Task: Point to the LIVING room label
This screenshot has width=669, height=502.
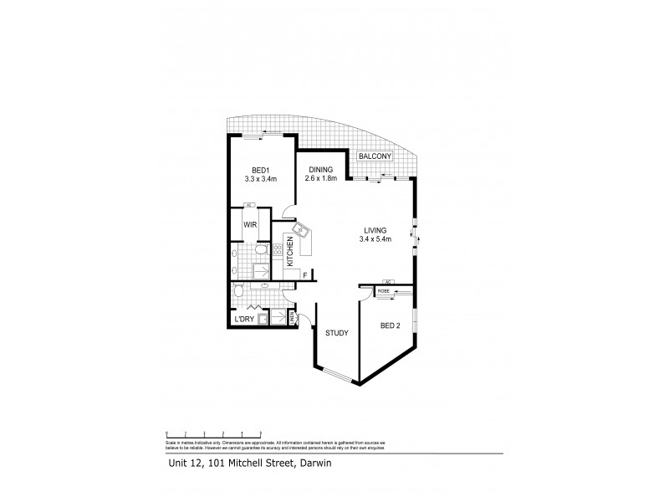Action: click(375, 232)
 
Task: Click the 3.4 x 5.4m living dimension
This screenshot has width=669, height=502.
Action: click(375, 241)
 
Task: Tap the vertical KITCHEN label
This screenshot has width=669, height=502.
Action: click(289, 250)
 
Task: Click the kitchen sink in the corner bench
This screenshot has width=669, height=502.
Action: click(301, 230)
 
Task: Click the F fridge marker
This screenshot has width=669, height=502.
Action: click(305, 274)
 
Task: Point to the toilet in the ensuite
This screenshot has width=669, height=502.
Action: click(260, 248)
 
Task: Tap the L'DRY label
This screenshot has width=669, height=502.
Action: click(245, 319)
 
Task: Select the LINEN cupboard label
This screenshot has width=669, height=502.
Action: click(292, 318)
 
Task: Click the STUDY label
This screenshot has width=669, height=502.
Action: click(337, 335)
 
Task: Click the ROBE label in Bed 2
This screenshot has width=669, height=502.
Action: click(384, 290)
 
